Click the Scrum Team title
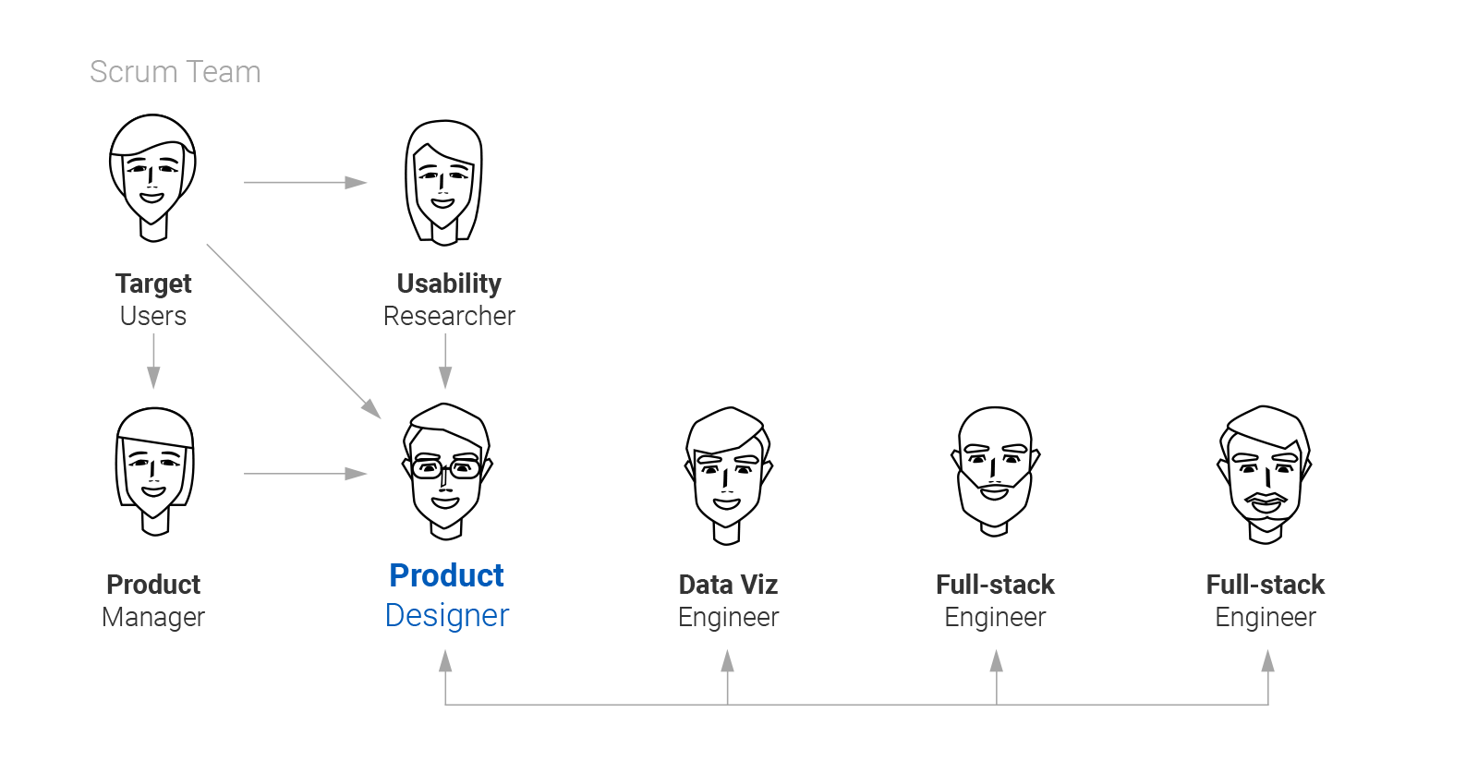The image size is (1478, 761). [176, 72]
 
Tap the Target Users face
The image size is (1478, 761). [152, 175]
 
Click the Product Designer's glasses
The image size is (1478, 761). [445, 468]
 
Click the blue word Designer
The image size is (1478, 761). [447, 616]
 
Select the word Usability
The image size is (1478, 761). [449, 284]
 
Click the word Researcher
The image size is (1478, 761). [449, 316]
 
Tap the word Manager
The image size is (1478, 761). [153, 617]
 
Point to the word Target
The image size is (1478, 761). [153, 284]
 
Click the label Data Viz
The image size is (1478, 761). [728, 585]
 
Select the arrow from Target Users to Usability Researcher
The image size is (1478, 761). [305, 183]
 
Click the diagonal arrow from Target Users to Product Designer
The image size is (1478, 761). [293, 331]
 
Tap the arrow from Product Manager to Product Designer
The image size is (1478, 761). [305, 474]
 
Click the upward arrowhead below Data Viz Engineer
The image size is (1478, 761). [728, 661]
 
